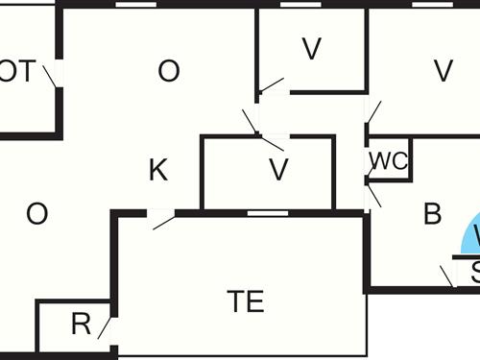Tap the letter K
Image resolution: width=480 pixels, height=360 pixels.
coord(158,171)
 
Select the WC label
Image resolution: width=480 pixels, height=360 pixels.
coord(389,161)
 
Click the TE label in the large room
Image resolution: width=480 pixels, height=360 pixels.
coord(245,301)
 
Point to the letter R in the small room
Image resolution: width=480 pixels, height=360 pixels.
coord(81,324)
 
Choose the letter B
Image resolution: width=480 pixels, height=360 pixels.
coord(433,214)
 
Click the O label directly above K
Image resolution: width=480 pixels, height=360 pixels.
coord(168,71)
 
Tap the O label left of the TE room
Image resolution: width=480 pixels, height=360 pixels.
coord(36,213)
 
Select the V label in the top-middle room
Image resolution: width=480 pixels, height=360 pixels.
coord(310,50)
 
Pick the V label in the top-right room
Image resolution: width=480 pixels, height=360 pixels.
coord(443,71)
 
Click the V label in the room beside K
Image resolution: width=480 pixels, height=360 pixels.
coord(278,171)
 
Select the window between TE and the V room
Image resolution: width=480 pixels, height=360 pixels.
coord(268,212)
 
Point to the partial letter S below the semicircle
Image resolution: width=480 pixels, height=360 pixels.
coord(475,272)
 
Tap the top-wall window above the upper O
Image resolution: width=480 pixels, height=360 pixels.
coord(135,4)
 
